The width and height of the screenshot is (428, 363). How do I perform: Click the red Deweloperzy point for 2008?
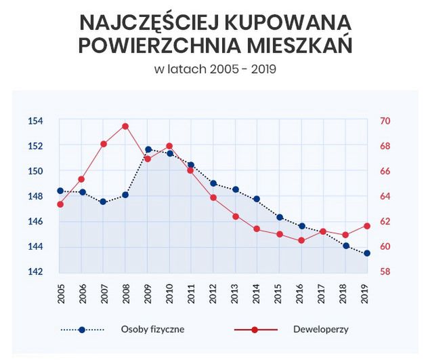(x=125, y=126)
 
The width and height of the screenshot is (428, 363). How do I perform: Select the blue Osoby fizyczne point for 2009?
(x=148, y=149)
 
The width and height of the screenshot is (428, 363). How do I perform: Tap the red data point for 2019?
(x=368, y=226)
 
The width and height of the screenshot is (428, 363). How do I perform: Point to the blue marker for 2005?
(x=60, y=191)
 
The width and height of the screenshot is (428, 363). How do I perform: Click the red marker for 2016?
(x=301, y=240)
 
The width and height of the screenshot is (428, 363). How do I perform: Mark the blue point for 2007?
(x=104, y=202)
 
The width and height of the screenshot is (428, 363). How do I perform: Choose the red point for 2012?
(x=213, y=197)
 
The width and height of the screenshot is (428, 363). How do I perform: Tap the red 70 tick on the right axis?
(x=385, y=121)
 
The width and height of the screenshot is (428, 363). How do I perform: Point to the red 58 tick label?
(x=385, y=271)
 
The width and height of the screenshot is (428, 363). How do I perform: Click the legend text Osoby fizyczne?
(x=152, y=330)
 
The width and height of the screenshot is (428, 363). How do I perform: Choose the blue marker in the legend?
(x=82, y=330)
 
